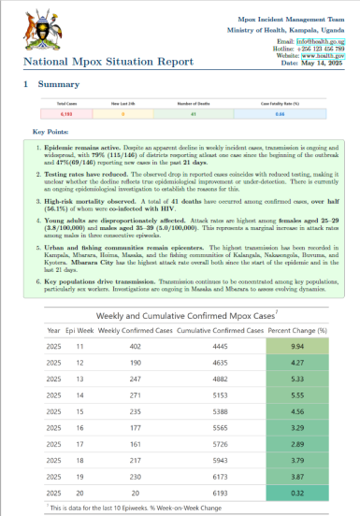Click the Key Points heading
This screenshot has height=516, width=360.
pos(50,133)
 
